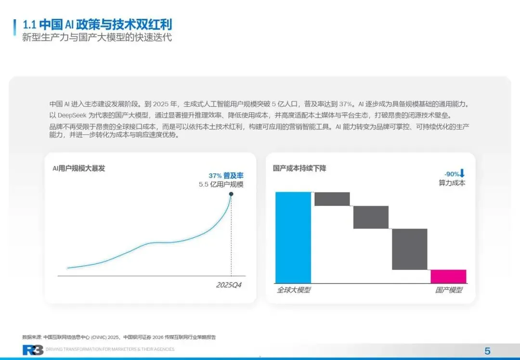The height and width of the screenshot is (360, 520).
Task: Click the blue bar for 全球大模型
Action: coord(293,238)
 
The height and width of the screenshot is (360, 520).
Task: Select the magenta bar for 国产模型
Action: coord(448,276)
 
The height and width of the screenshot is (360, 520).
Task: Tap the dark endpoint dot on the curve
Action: coord(231,194)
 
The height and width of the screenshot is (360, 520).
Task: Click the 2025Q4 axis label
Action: coord(229,285)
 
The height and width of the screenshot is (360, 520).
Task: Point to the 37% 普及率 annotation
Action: coord(226,176)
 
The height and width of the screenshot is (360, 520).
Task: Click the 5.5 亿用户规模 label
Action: coord(221,185)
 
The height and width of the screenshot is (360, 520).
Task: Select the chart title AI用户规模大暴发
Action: coord(78,168)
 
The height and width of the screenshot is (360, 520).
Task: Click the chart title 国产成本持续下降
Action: coord(299,168)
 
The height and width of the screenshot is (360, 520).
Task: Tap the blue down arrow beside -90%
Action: coord(462,173)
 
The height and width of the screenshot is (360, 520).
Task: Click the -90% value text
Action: coord(452,174)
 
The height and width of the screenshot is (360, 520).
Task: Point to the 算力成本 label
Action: coord(452,183)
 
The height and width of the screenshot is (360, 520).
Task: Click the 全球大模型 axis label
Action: coord(294,290)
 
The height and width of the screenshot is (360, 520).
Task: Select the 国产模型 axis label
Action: coord(449,290)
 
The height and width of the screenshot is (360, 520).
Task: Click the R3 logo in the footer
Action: coord(33,350)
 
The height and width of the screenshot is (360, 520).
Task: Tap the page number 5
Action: coord(487,351)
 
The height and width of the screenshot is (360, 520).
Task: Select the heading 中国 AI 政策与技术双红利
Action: coord(105,25)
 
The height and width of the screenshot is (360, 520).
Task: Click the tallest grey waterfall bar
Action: coord(410,249)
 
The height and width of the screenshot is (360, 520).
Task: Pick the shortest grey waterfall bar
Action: coord(332,199)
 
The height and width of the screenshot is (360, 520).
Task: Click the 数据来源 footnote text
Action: coord(119,337)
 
